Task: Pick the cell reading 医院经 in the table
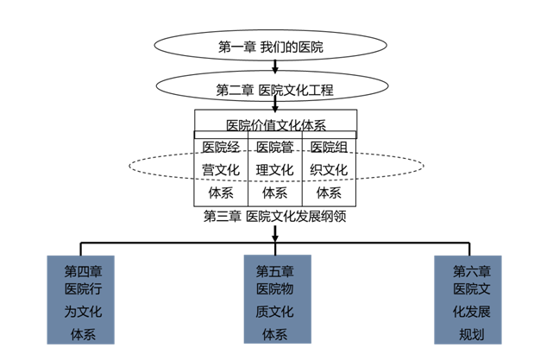point(221,146)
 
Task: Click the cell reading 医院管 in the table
point(274,146)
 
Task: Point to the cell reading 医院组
point(329,146)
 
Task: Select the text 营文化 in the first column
point(221,169)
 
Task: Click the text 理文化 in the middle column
point(274,169)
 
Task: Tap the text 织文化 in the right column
point(329,169)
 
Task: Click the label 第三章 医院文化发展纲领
point(274,216)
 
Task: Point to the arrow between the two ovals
point(273,66)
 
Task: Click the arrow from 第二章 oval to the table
point(273,104)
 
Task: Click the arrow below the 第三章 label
point(274,231)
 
